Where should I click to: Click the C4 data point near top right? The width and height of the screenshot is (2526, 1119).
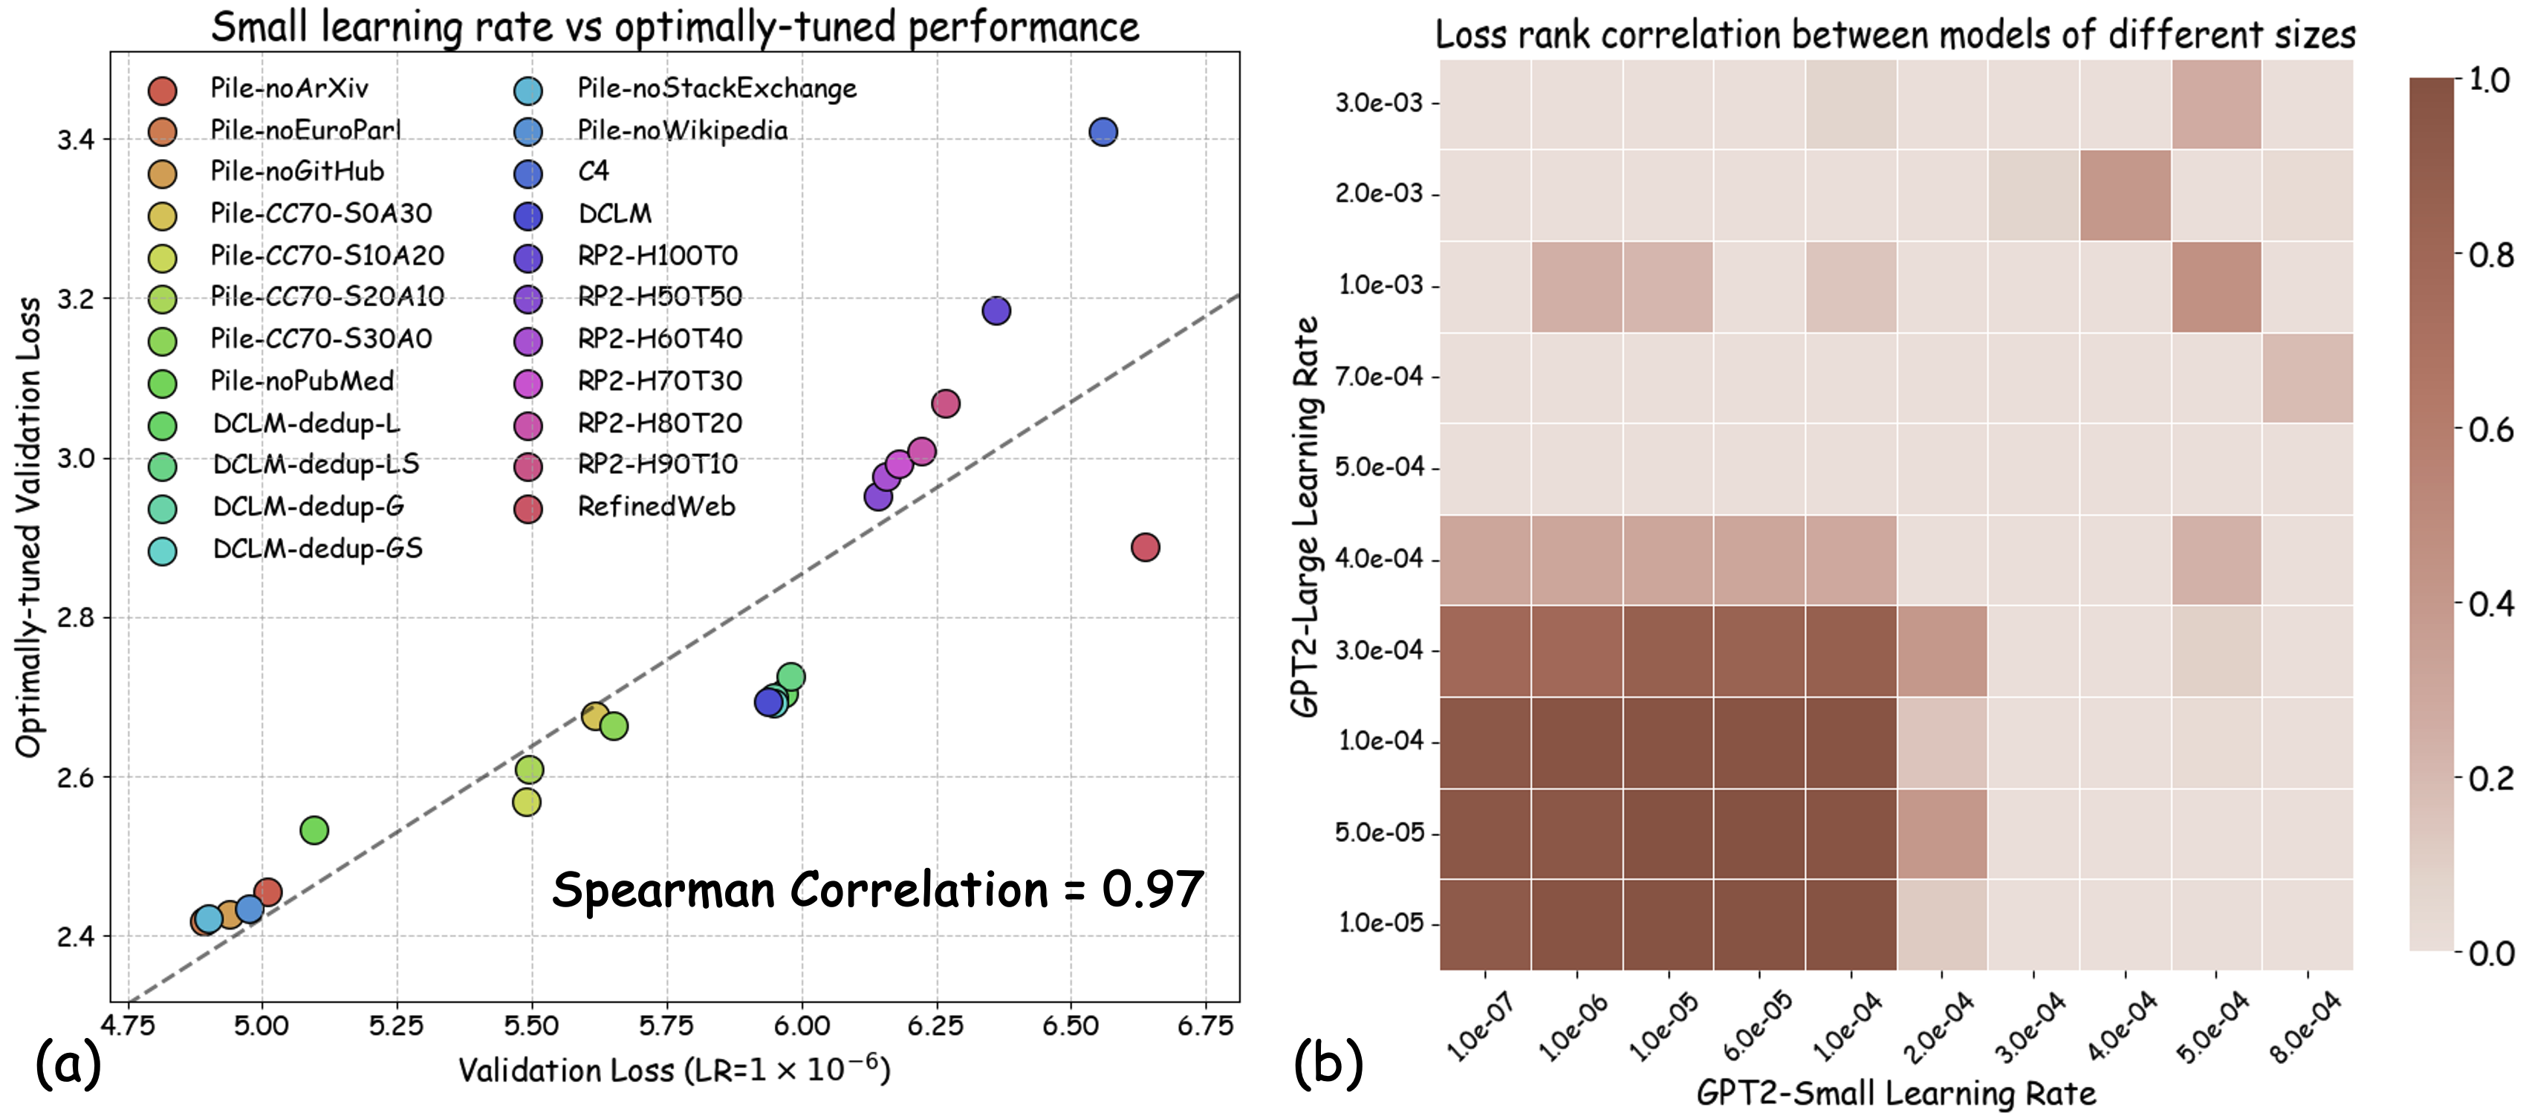1103,132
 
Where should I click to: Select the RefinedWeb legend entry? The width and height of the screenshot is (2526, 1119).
655,506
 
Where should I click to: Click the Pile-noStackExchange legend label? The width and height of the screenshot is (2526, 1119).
716,88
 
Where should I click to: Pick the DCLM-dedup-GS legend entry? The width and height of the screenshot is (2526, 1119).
316,548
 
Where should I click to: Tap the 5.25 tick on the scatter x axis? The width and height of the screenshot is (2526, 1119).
396,1026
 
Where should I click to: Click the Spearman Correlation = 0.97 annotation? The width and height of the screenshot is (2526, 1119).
877,890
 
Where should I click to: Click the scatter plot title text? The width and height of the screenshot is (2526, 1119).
675,27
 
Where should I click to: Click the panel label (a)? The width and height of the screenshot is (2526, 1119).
68,1063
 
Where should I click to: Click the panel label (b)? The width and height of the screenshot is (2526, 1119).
1328,1063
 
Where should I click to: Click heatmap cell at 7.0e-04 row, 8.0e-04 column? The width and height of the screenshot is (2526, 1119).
2308,377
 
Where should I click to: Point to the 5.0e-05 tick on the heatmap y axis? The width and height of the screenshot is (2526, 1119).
1379,833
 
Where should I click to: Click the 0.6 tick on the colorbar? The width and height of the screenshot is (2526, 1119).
2490,429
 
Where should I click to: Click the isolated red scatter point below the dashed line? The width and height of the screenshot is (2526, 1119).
1144,548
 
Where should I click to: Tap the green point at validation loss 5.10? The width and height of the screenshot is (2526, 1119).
314,831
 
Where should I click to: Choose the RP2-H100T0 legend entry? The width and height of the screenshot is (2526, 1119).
656,256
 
